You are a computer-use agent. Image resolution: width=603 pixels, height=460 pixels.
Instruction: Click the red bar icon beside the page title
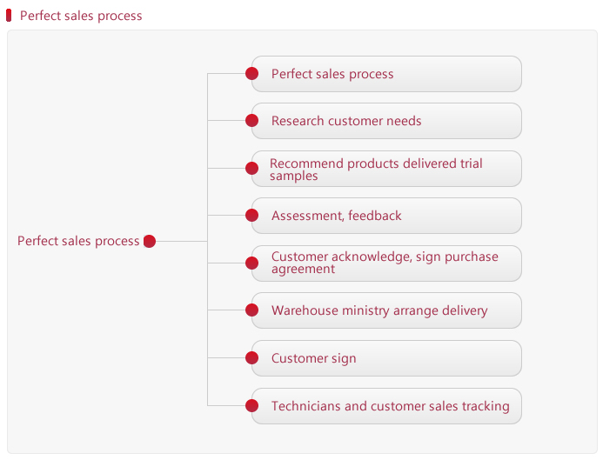pos(9,16)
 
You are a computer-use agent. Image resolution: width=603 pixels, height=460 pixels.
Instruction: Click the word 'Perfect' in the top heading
pos(40,16)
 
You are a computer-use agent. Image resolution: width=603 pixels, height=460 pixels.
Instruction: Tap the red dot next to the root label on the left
pos(150,242)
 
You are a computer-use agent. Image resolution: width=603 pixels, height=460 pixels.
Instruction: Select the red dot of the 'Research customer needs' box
pos(251,121)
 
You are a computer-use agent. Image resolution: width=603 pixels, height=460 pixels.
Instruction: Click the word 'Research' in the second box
pos(298,121)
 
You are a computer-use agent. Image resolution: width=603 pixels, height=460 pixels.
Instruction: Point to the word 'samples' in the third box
pos(294,177)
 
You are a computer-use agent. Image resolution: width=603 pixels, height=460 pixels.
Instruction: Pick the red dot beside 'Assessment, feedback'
pos(251,215)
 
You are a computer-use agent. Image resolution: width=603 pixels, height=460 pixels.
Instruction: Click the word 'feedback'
pos(374,216)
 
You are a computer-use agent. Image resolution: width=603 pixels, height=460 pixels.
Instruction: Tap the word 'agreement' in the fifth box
pos(303,270)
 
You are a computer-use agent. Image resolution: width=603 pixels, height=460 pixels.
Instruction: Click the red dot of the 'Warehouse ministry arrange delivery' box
pos(251,310)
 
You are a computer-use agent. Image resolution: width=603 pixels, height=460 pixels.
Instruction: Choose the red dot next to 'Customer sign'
pos(251,357)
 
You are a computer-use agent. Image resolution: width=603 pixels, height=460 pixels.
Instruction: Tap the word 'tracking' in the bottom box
pos(486,407)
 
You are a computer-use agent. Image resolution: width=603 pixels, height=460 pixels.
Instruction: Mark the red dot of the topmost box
pos(251,73)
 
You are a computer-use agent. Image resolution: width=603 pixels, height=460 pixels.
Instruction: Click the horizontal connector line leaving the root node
pos(182,242)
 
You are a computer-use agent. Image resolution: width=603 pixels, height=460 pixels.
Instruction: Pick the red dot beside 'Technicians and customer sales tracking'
pos(251,405)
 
